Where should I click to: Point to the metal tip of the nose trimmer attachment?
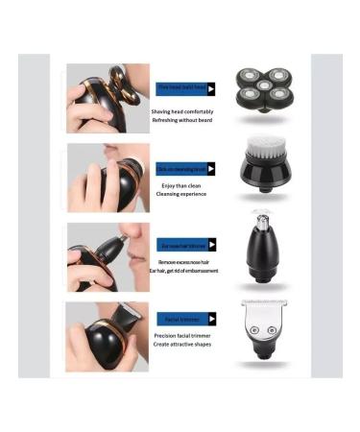pyautogui.click(x=260, y=220)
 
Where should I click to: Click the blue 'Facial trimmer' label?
pyautogui.click(x=181, y=316)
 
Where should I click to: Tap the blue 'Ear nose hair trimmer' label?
pyautogui.click(x=181, y=245)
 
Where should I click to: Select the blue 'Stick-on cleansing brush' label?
pyautogui.click(x=181, y=168)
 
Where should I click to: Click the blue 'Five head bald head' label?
pyautogui.click(x=181, y=87)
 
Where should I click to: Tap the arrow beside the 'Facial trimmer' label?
pyautogui.click(x=211, y=316)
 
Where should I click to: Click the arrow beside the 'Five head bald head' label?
pyautogui.click(x=211, y=87)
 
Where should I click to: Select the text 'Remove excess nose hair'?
pyautogui.click(x=184, y=262)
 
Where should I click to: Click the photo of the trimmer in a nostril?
pyautogui.click(x=108, y=257)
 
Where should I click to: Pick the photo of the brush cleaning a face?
pyautogui.click(x=108, y=178)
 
